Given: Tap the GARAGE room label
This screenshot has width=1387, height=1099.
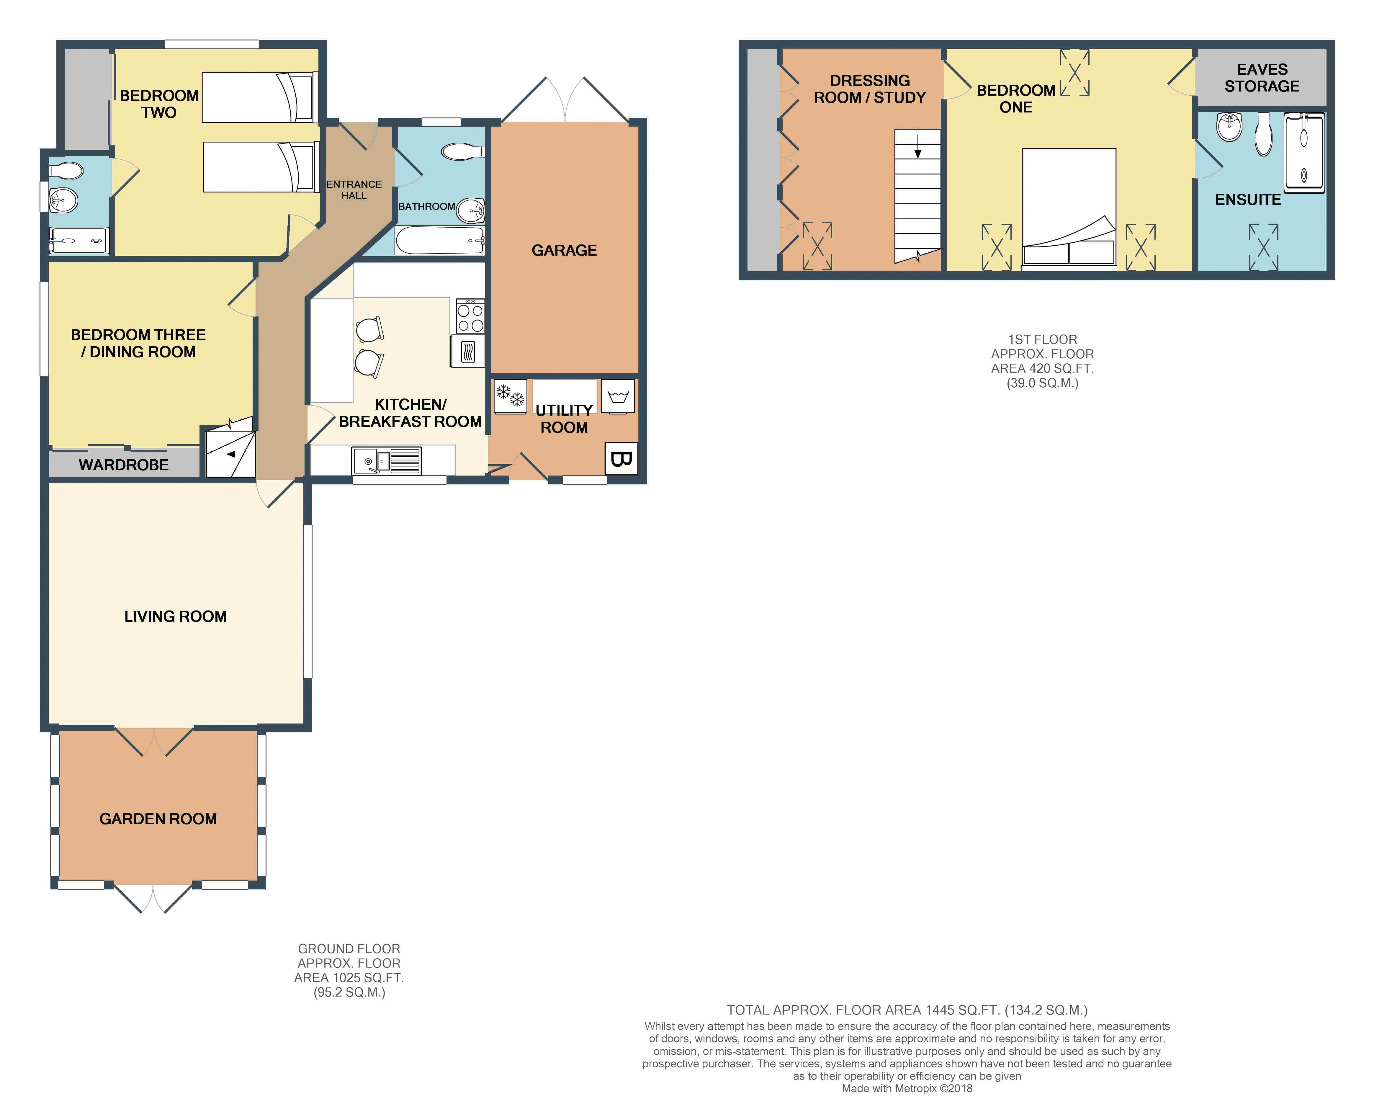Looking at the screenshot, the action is pyautogui.click(x=564, y=250).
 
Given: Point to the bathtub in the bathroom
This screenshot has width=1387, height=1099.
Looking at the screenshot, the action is pyautogui.click(x=439, y=241).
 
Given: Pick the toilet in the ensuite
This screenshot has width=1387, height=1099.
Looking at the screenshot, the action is pyautogui.click(x=1264, y=135).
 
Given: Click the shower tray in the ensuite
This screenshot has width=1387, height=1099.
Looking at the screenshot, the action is pyautogui.click(x=1304, y=153).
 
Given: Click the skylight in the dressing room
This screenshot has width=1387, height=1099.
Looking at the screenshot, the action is pyautogui.click(x=817, y=246).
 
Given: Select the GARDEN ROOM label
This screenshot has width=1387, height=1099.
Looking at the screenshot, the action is pyautogui.click(x=158, y=819).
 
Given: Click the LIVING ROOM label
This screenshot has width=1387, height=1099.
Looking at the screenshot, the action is pyautogui.click(x=176, y=616).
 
